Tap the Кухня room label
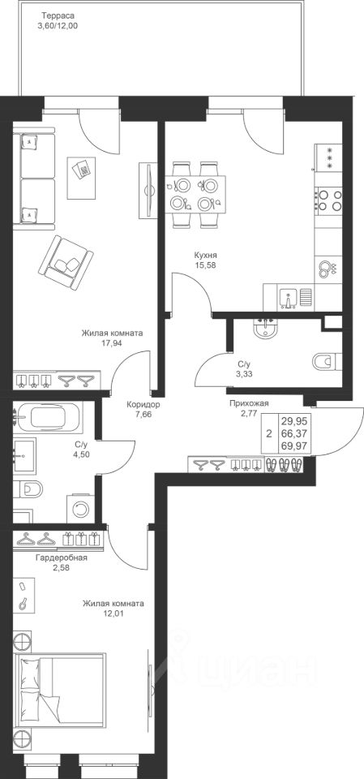click(x=206, y=256)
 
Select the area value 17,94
click(x=112, y=342)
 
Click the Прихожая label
click(x=249, y=403)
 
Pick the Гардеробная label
click(x=62, y=557)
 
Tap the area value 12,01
click(x=113, y=613)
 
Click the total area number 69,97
click(x=293, y=445)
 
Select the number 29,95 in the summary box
click(x=293, y=421)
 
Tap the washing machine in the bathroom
click(x=79, y=508)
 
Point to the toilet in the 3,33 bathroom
click(x=328, y=360)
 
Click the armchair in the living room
click(x=66, y=262)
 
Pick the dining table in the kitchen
click(x=195, y=194)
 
